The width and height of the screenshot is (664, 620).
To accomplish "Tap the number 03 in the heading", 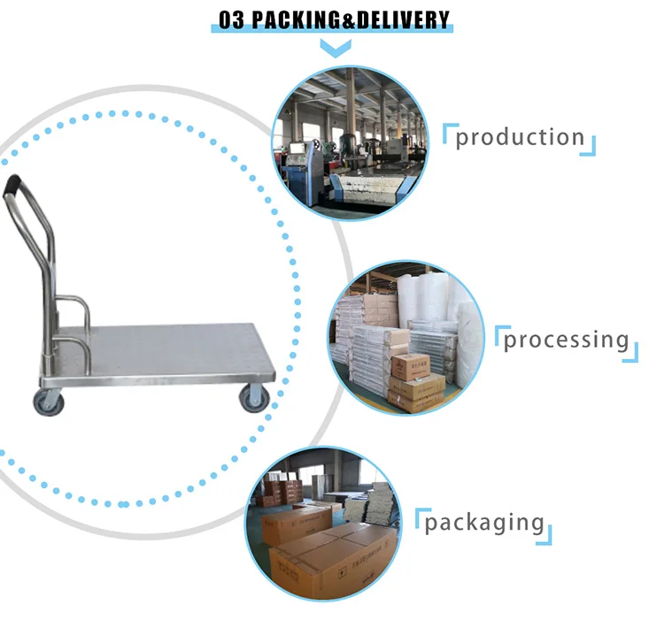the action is [231, 19].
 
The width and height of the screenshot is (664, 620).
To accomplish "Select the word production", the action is [520, 137].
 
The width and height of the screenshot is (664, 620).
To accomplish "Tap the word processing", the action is [567, 340].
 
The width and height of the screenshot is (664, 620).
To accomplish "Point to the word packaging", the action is [483, 522].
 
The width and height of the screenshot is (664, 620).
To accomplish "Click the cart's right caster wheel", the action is [253, 397].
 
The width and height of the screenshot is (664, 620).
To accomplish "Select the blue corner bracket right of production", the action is [590, 148].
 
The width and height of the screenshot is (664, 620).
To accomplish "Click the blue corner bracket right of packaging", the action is [546, 535].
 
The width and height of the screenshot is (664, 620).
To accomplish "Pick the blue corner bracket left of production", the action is [448, 130].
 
